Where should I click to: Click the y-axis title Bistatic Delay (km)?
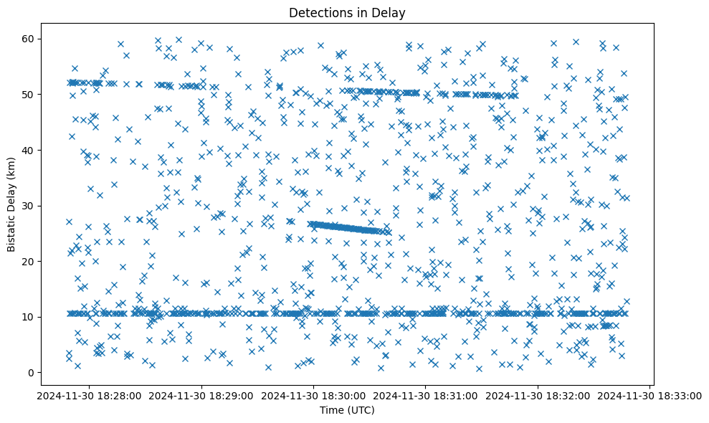[11, 204]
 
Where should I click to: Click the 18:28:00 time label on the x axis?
[89, 395]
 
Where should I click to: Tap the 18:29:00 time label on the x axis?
[201, 395]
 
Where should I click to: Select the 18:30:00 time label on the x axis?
[313, 395]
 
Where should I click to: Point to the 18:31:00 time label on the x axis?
[426, 395]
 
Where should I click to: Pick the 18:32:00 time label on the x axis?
[538, 395]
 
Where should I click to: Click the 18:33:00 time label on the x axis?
[650, 395]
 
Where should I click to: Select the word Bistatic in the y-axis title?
[11, 231]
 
